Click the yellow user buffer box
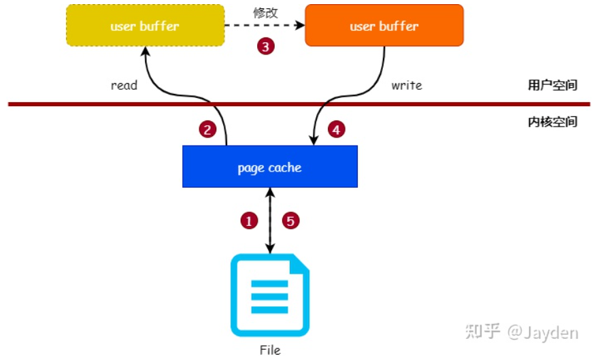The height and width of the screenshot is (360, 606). point(145,26)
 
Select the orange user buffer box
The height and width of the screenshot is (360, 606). point(384,26)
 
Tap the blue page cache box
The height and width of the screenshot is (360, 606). point(269,167)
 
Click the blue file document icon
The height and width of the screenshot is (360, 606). point(269,295)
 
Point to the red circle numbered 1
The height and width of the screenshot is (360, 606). point(250,220)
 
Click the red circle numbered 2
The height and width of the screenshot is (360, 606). point(207,129)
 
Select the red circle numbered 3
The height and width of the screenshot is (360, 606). point(265,47)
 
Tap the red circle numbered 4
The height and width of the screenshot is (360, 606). point(336,129)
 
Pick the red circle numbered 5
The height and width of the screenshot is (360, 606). point(290,220)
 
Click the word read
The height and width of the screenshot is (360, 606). point(124,86)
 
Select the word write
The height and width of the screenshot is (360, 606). point(407,86)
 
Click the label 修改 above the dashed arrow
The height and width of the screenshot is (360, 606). point(265,12)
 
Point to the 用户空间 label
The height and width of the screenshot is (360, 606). point(552,86)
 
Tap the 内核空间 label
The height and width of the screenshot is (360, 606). point(552,122)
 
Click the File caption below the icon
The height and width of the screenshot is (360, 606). point(270,350)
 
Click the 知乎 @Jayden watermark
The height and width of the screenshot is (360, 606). point(522,333)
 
